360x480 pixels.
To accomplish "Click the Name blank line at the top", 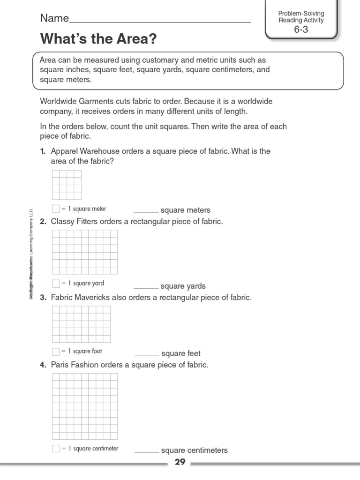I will click(x=159, y=22).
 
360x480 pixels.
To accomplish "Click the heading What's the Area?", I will click(x=98, y=39).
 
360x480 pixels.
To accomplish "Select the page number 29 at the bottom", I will click(x=180, y=462).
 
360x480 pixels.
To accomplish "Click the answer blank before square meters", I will click(x=146, y=212).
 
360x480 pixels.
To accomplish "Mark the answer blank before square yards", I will click(x=146, y=287).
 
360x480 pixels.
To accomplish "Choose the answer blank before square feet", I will click(x=147, y=355).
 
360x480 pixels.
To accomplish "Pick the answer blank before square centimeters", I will click(x=147, y=452).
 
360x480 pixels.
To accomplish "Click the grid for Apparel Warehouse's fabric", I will click(x=67, y=185).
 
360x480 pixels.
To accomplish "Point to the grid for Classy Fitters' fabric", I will click(x=85, y=252).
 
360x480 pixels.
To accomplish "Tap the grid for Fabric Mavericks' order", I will click(x=81, y=324).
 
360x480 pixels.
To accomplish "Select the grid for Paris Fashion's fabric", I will click(x=85, y=406).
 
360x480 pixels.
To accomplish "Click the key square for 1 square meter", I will click(x=56, y=209).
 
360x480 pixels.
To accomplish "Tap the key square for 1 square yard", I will click(x=56, y=283).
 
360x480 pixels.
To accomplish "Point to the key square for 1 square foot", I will click(x=56, y=351).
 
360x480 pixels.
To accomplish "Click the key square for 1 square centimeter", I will click(x=56, y=449).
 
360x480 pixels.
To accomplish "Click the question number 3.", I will click(x=43, y=298).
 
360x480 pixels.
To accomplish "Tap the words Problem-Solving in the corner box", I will click(x=301, y=14).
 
